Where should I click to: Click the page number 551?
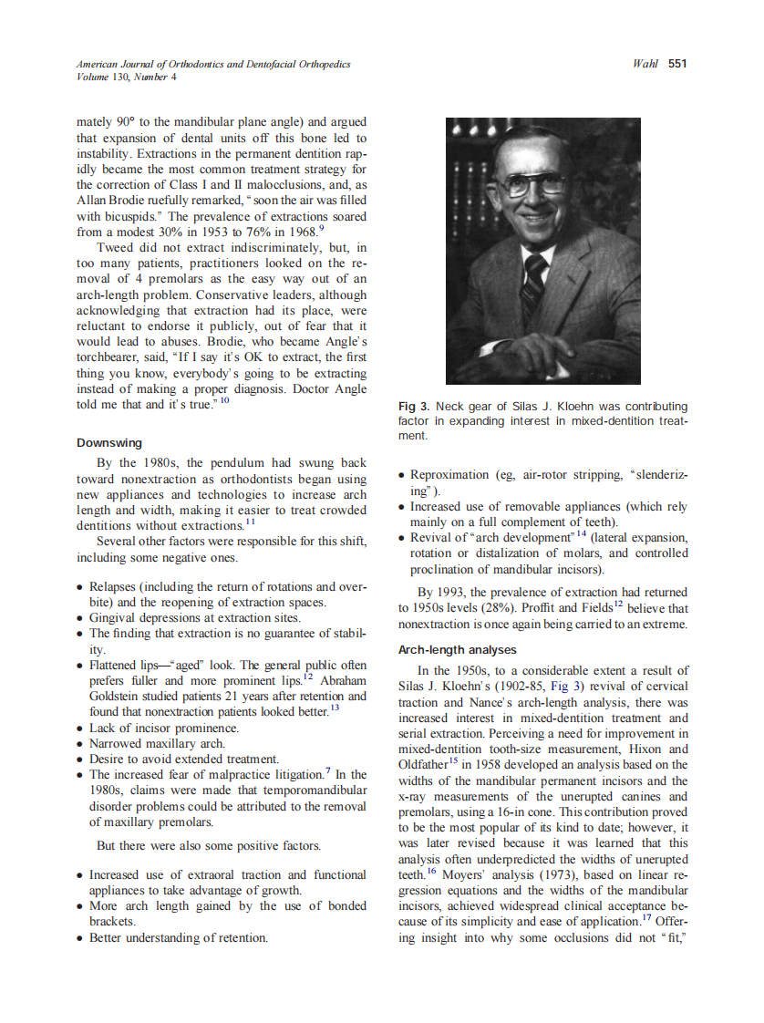point(676,64)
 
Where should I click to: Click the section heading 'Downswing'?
point(109,442)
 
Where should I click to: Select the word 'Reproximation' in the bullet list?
point(450,475)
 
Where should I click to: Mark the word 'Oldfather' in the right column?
point(427,765)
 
